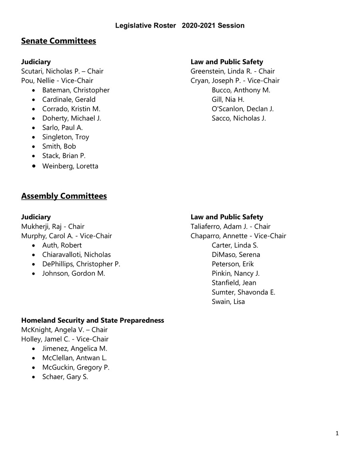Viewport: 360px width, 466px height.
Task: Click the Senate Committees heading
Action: (x=58, y=41)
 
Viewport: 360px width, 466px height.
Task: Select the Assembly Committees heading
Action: (x=64, y=196)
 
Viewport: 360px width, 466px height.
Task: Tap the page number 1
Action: (x=337, y=433)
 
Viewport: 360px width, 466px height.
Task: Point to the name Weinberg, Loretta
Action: (x=70, y=166)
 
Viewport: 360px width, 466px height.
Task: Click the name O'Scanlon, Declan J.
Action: (x=242, y=109)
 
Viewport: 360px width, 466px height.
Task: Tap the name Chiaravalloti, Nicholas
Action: (x=76, y=255)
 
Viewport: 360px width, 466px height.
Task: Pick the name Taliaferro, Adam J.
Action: (x=222, y=227)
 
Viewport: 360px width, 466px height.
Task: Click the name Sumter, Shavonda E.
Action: (x=243, y=292)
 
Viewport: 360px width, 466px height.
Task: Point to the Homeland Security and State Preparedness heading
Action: (x=92, y=321)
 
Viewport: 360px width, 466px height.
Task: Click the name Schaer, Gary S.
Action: (x=65, y=377)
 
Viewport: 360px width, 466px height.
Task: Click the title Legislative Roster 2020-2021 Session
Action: (x=180, y=26)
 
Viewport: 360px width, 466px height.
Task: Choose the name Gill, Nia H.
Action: (x=228, y=99)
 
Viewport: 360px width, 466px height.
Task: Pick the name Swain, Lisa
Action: (x=228, y=301)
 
